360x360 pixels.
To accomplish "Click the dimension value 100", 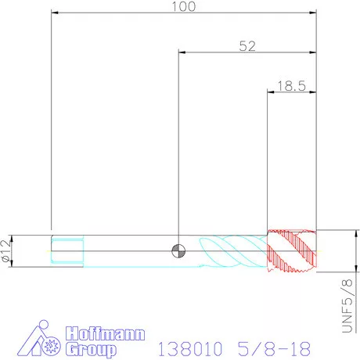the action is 184,6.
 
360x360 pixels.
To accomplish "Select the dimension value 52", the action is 247,46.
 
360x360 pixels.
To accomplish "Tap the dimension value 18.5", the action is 291,86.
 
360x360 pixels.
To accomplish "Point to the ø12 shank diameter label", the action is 6,250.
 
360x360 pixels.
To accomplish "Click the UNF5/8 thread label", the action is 347,306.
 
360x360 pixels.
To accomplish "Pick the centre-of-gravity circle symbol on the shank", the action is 178,251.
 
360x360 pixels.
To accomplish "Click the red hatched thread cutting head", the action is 292,251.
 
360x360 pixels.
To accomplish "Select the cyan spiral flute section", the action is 233,251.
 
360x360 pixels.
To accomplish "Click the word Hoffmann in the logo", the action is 105,333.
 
